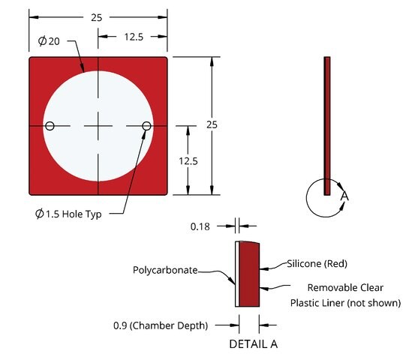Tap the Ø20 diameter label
(49, 41)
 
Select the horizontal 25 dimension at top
(96, 17)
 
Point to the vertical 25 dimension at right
(212, 124)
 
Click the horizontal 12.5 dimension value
(134, 37)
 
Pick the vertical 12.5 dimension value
(188, 161)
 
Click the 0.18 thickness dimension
(200, 226)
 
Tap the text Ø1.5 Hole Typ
(68, 214)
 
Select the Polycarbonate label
(165, 270)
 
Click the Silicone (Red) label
(317, 263)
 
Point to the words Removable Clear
(345, 287)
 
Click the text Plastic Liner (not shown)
(345, 303)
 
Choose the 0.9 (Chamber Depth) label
(161, 325)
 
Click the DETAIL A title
(254, 344)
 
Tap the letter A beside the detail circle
(344, 196)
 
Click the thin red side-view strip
(327, 126)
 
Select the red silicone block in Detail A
(249, 274)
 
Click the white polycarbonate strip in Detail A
(237, 274)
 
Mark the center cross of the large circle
(98, 126)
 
